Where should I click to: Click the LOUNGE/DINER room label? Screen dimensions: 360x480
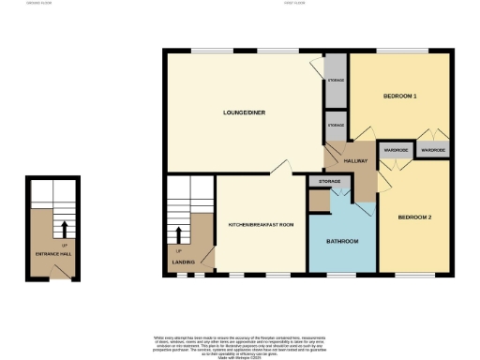click(241, 112)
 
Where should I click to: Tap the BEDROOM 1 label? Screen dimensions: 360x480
click(400, 97)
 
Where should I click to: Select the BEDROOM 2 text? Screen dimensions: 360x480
click(413, 217)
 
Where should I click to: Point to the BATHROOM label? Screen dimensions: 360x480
click(342, 242)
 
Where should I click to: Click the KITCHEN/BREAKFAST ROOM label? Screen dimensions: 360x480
click(262, 225)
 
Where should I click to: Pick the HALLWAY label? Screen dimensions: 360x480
click(354, 162)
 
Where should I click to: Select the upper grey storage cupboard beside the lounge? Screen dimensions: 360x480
click(335, 82)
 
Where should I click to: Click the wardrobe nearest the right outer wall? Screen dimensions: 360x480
click(432, 150)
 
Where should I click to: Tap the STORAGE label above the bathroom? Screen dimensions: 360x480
click(329, 179)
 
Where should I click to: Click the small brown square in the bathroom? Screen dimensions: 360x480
click(320, 200)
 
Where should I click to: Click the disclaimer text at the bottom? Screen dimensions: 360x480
click(240, 342)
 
